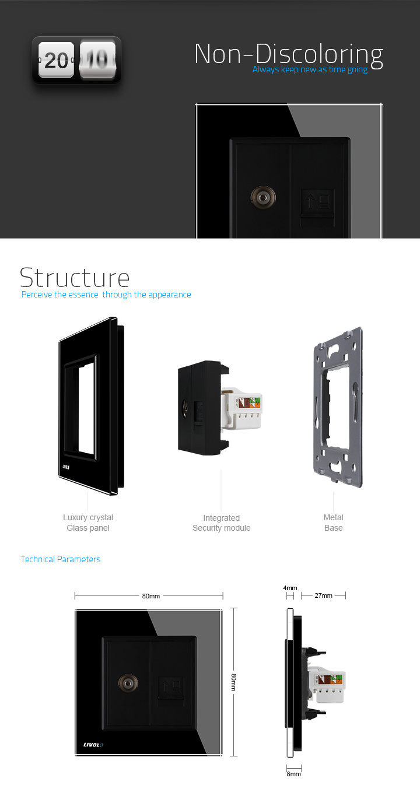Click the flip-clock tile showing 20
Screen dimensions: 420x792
coord(56,59)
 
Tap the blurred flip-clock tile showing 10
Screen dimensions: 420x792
coord(97,59)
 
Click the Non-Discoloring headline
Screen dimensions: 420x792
coord(289,55)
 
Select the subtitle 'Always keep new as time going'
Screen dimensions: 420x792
coord(310,69)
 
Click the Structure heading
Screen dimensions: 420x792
coord(75,278)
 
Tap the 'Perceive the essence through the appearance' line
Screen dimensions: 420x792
coord(106,295)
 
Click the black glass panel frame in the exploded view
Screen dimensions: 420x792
coord(61,406)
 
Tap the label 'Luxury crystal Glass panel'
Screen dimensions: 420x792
coord(88,523)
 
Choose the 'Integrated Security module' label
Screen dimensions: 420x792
coord(221,523)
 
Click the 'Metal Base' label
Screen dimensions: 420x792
coord(334,523)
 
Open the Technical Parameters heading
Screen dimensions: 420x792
coord(61,559)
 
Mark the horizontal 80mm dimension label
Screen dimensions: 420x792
coord(151,596)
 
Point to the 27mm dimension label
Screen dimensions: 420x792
coord(324,595)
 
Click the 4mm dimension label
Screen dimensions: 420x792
coord(290,588)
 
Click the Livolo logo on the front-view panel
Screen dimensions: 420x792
coord(93,745)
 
